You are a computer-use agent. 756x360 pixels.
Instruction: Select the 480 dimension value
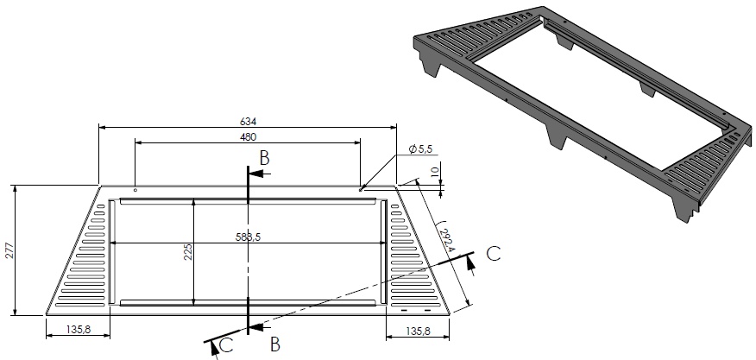pos(248,136)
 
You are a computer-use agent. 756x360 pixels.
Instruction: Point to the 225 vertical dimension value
pos(187,251)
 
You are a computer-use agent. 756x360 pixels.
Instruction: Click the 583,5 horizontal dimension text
pos(248,237)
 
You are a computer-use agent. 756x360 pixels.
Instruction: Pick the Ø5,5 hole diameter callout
pos(418,151)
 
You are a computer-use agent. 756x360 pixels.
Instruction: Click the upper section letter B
pos(266,158)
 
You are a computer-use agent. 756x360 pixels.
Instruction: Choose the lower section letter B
pos(274,344)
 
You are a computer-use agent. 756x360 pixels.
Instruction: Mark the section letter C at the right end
pos(493,253)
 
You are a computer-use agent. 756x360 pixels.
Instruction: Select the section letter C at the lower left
pos(225,344)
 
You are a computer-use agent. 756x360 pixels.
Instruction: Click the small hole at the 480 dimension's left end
pos(135,189)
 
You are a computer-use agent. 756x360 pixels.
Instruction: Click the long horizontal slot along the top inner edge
pos(248,202)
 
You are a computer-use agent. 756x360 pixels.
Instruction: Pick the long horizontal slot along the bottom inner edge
pos(248,302)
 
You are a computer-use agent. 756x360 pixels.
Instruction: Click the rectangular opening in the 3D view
pos(595,104)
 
